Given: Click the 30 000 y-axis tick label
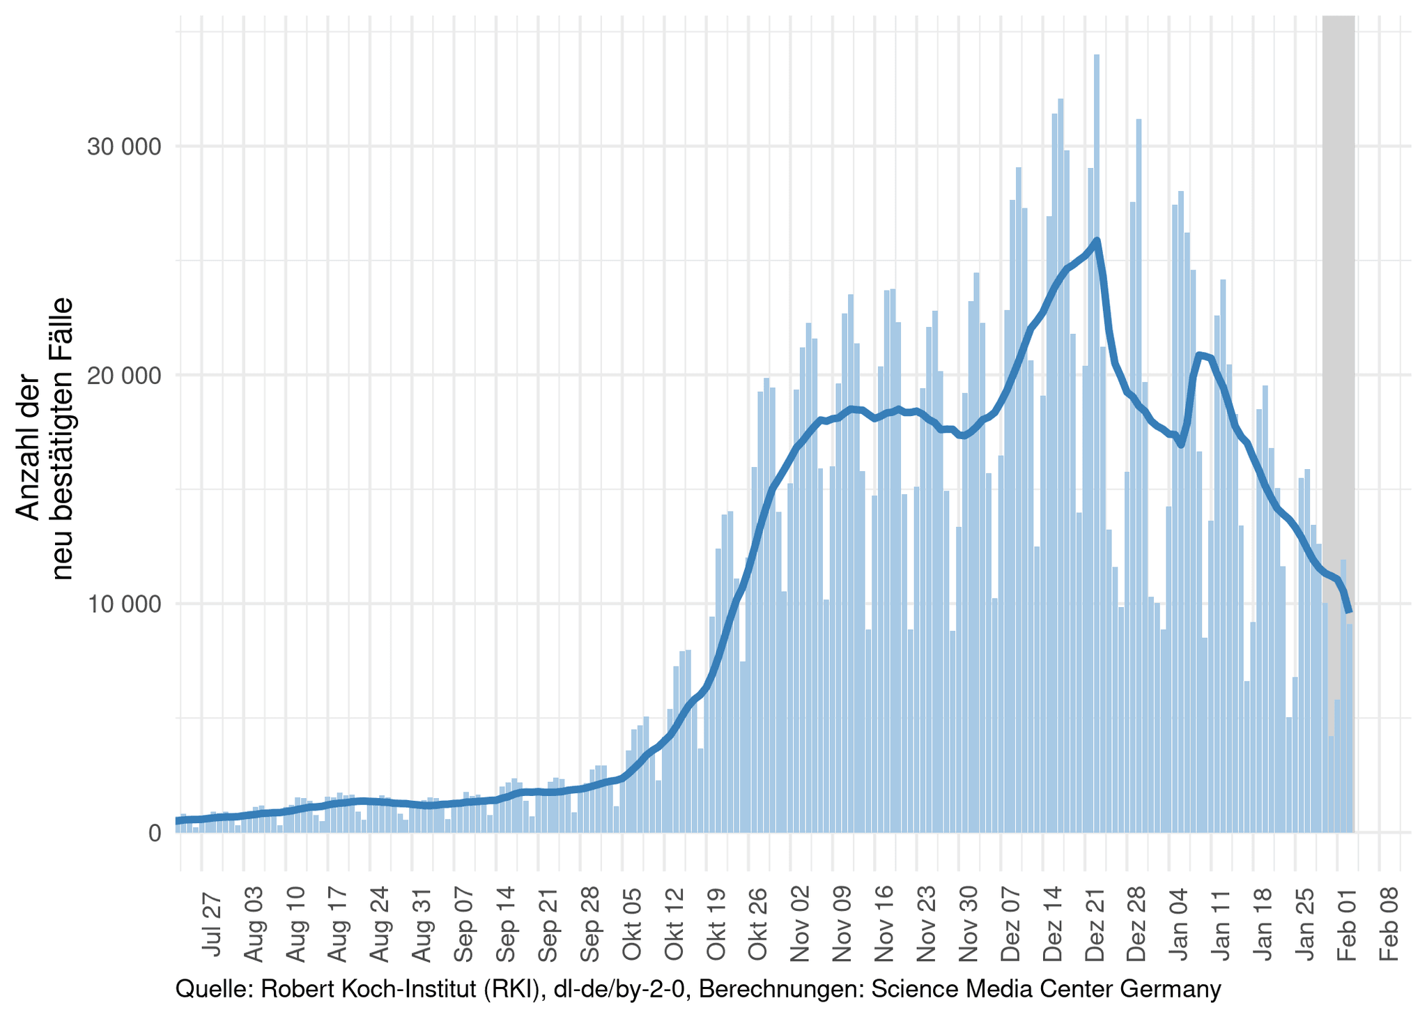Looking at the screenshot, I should [123, 147].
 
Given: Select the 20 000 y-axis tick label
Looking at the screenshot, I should [123, 376].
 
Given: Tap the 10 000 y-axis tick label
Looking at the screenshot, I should [123, 604].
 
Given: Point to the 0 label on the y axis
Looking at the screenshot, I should [154, 833].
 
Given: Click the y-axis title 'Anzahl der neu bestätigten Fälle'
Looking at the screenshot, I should [45, 439].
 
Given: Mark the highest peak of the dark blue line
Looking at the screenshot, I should [1097, 240].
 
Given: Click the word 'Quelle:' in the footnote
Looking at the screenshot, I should [214, 989].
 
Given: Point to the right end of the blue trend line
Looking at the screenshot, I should [1350, 611].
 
